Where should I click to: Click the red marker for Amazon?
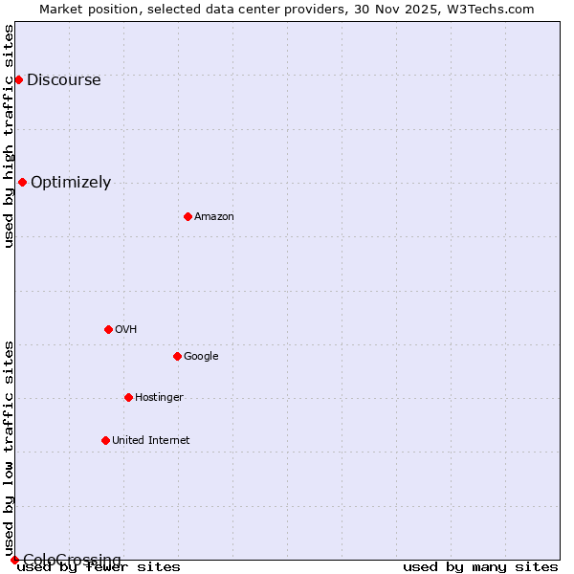188,216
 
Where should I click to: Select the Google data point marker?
177,356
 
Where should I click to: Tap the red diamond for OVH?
108,329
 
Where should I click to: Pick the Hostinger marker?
128,397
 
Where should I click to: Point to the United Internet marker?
105,440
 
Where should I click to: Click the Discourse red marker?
18,79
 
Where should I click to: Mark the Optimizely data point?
22,182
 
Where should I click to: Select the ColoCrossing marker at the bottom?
14,560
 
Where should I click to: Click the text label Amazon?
214,217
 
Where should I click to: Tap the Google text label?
201,357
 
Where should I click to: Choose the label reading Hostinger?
159,398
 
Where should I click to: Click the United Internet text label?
151,441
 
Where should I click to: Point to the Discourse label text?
64,80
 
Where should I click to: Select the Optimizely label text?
71,183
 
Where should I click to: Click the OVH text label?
126,330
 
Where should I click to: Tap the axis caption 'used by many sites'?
480,567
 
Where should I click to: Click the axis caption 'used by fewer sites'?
99,567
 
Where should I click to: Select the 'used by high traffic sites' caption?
10,136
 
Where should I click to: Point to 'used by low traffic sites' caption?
10,448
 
